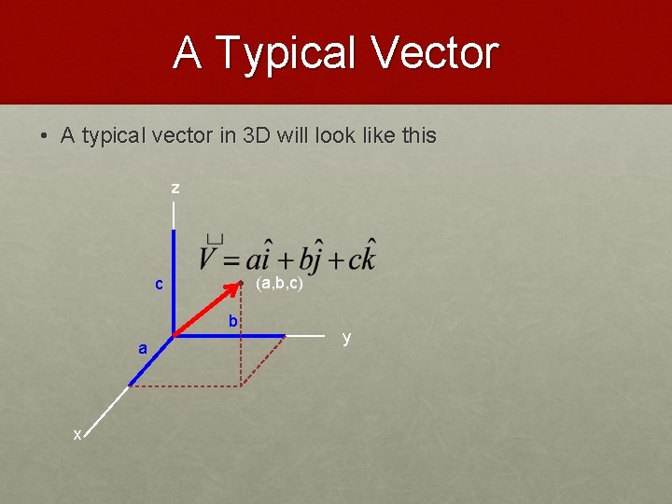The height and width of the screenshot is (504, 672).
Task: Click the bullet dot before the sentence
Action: click(x=44, y=136)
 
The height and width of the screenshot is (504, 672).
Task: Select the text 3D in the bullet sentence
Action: click(x=256, y=135)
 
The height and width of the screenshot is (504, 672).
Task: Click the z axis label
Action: click(x=175, y=189)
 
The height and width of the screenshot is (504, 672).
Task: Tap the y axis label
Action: click(x=346, y=338)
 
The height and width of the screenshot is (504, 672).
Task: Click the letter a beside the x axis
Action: click(x=142, y=348)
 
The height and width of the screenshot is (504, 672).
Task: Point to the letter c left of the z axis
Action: click(x=159, y=284)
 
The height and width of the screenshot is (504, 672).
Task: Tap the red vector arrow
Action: click(x=207, y=309)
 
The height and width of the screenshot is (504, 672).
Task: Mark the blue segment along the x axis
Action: click(x=151, y=359)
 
